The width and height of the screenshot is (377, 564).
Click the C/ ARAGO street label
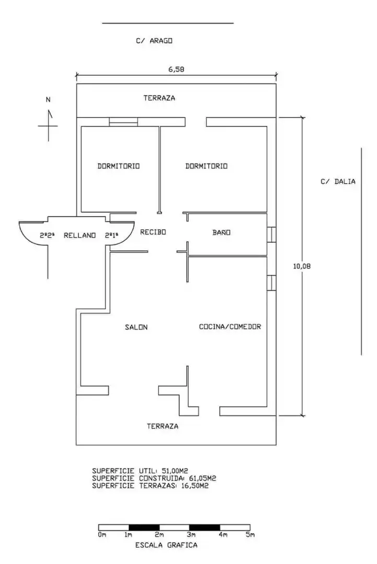pyautogui.click(x=154, y=41)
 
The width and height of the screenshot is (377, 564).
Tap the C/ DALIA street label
pyautogui.click(x=338, y=181)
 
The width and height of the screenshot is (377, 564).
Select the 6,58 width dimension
pyautogui.click(x=176, y=69)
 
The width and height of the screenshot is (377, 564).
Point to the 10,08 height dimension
pyautogui.click(x=302, y=266)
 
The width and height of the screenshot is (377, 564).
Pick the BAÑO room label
pyautogui.click(x=221, y=232)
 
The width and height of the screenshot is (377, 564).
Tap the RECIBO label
pyautogui.click(x=153, y=232)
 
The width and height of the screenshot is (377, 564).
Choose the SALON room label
pyautogui.click(x=136, y=327)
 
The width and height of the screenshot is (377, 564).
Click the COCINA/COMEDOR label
pyautogui.click(x=230, y=326)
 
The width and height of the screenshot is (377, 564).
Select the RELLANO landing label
pyautogui.click(x=79, y=235)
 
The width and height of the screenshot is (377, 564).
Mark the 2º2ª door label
pyautogui.click(x=47, y=235)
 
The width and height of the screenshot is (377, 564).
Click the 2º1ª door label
pyautogui.click(x=112, y=235)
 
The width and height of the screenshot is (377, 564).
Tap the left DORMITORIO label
pyautogui.click(x=119, y=166)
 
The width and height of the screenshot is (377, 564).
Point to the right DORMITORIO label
pyautogui.click(x=207, y=166)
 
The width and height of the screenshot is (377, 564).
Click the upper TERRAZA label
pyautogui.click(x=159, y=98)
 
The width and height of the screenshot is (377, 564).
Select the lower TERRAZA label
pyautogui.click(x=163, y=426)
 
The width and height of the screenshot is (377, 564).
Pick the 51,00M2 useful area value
pyautogui.click(x=175, y=471)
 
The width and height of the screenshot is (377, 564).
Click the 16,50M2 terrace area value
pyautogui.click(x=195, y=486)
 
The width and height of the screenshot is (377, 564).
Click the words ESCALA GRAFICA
pyautogui.click(x=166, y=545)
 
